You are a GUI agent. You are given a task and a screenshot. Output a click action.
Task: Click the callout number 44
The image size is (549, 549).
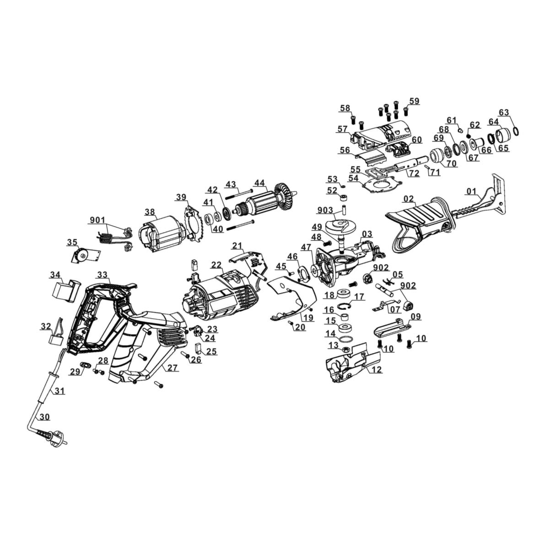[259, 183]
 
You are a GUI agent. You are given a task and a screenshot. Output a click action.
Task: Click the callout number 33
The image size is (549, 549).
[102, 275]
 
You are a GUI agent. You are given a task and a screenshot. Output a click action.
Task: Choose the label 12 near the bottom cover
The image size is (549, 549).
[377, 370]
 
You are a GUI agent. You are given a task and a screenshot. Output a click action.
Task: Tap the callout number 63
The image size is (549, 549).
[503, 113]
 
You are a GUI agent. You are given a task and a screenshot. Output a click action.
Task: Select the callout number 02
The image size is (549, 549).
[409, 199]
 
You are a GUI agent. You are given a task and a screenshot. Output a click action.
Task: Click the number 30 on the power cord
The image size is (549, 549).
[44, 417]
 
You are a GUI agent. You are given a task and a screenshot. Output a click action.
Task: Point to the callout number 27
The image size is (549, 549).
[172, 368]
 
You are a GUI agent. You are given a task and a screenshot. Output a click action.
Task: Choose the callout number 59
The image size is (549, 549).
[414, 101]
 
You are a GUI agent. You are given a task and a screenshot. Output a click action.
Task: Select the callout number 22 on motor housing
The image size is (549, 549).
[216, 265]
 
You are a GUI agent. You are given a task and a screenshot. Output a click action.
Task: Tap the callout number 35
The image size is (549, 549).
[72, 242]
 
